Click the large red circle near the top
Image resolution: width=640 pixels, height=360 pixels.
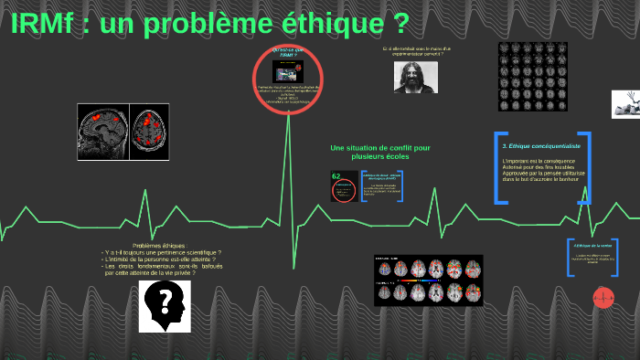pos(288,80)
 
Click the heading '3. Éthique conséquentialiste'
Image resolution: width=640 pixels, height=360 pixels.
pos(541,145)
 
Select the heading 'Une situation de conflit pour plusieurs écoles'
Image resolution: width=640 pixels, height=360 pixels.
pos(380,153)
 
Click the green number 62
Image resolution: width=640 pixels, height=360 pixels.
pos(336,176)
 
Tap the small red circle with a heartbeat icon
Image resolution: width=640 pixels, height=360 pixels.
pos(602,296)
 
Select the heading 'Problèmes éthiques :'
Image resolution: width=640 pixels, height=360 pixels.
pos(159,246)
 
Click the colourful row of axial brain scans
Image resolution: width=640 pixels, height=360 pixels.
pos(428,281)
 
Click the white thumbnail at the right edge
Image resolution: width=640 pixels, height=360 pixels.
pos(625,103)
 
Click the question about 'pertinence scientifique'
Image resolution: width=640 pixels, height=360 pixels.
pos(162,252)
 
